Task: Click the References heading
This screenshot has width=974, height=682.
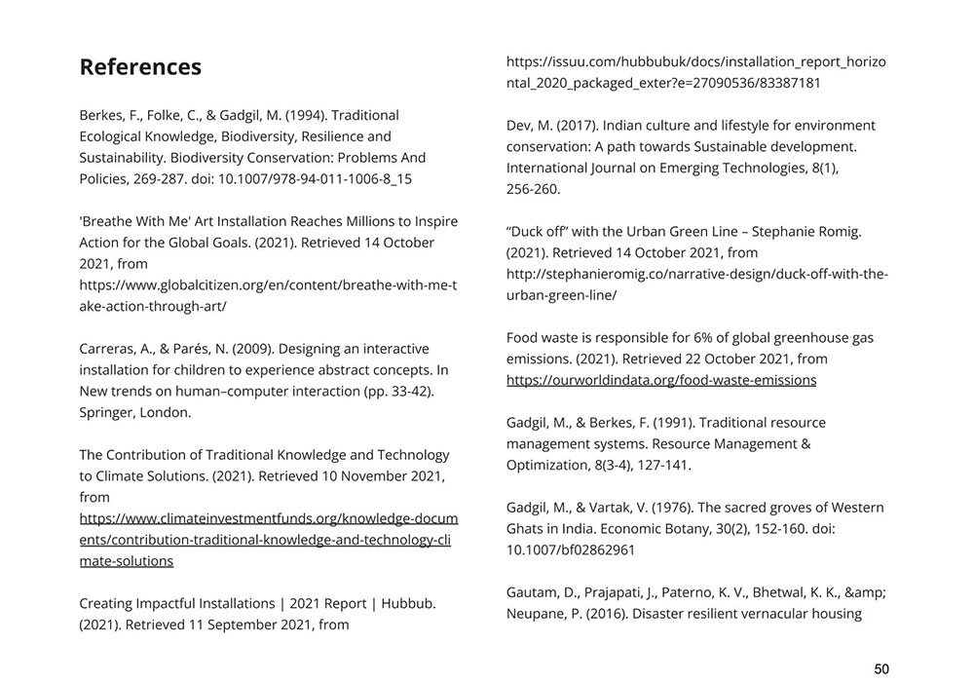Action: pos(140,67)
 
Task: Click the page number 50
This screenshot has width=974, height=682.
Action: pos(880,668)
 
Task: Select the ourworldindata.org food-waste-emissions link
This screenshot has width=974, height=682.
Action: pos(661,380)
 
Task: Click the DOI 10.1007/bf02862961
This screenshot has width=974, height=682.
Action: pos(571,549)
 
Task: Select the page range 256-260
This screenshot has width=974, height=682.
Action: pos(533,189)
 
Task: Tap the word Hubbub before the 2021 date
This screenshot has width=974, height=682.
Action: pos(409,603)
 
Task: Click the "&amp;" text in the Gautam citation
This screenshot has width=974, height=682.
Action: pos(865,592)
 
